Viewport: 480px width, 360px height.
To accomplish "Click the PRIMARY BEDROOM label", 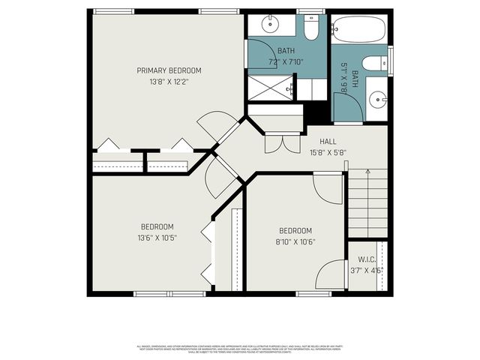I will [x=169, y=70].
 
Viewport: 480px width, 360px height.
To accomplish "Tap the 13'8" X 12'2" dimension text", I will [x=169, y=82].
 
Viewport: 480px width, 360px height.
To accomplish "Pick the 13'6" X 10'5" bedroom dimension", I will [x=157, y=238].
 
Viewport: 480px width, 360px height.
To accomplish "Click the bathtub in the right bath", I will [x=358, y=30].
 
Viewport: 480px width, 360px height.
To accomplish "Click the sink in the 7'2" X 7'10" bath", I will [x=270, y=24].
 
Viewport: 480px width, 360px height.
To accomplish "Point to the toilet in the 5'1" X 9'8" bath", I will [x=373, y=64].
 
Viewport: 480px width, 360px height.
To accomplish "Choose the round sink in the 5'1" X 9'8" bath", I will [x=378, y=99].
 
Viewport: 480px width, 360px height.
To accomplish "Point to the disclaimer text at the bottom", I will [x=240, y=348].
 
